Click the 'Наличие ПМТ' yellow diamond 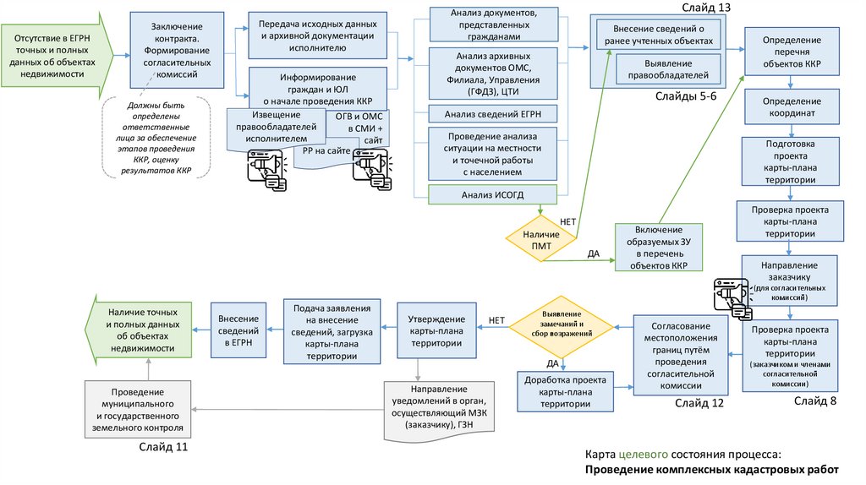[x=540, y=238]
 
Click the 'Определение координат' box [x=792, y=108]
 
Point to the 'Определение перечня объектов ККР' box [x=792, y=52]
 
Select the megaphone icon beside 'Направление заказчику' [x=730, y=294]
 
